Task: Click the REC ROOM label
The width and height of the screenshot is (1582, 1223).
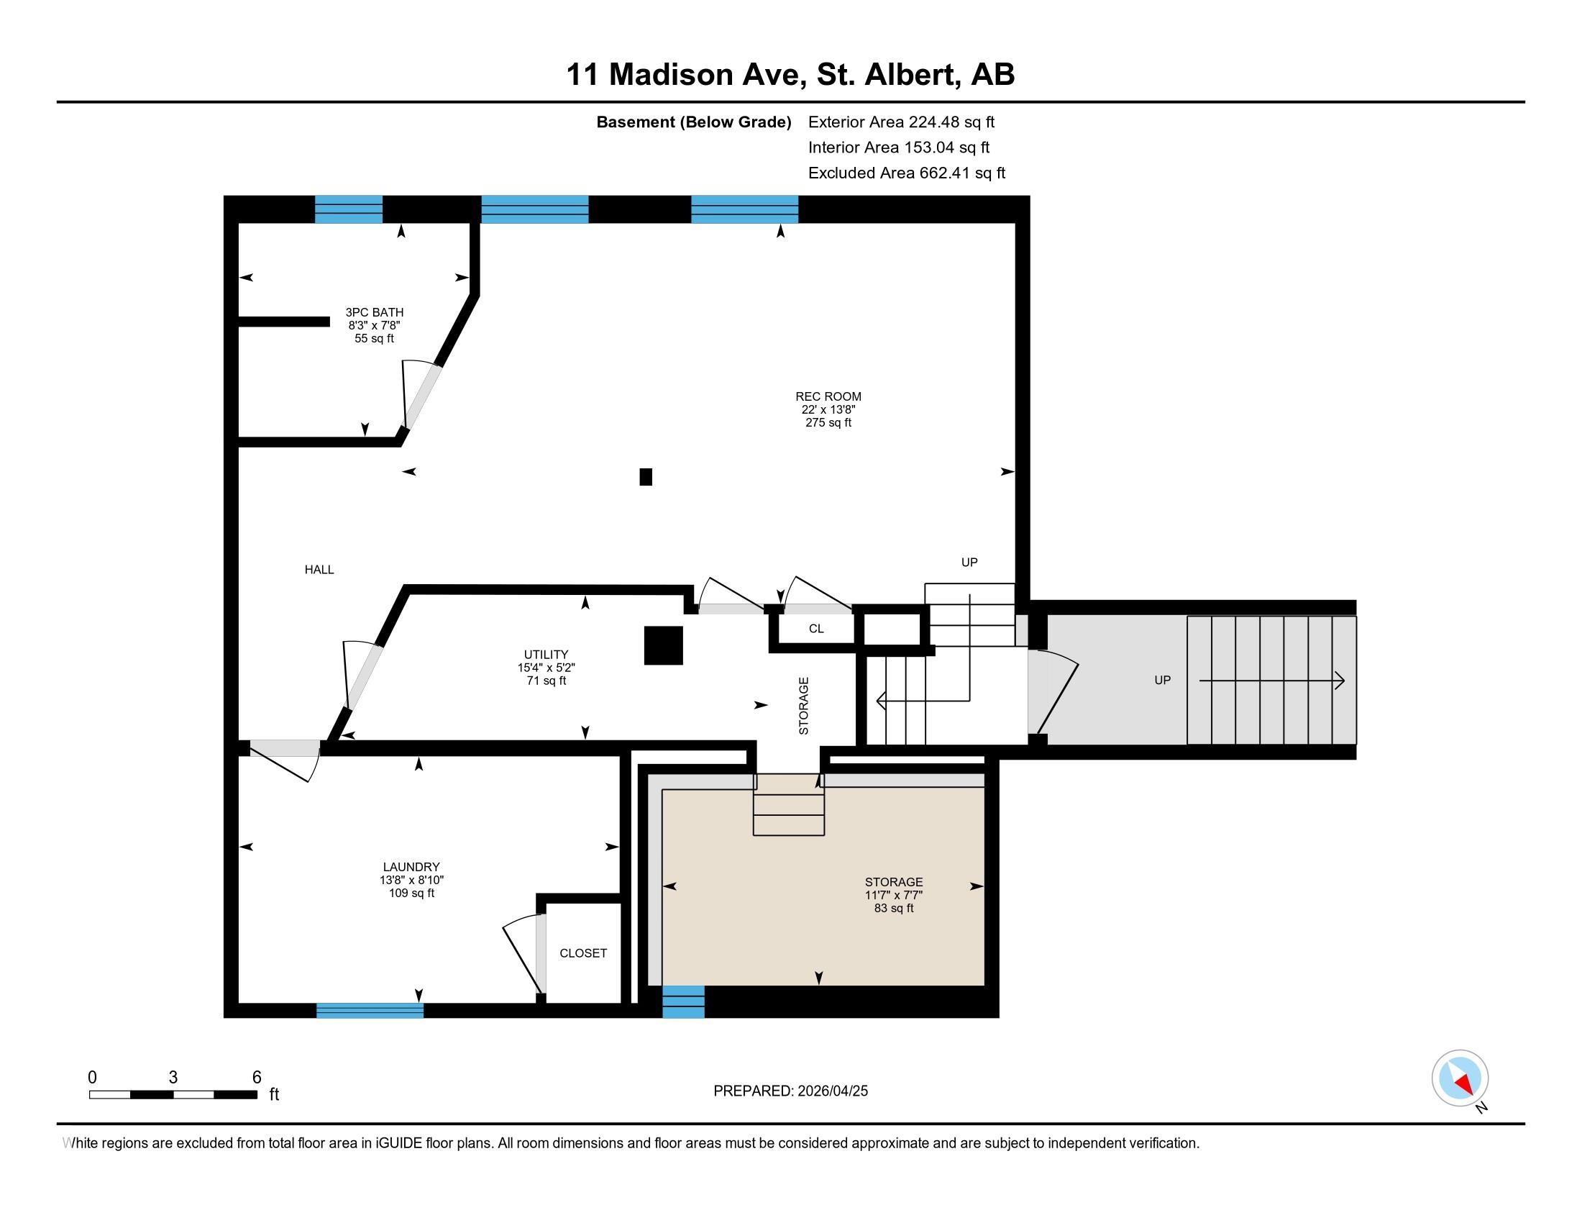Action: point(828,396)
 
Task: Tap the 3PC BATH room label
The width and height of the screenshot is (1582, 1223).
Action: point(374,312)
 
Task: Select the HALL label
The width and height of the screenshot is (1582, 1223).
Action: point(319,570)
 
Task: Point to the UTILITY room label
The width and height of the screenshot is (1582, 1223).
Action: point(547,654)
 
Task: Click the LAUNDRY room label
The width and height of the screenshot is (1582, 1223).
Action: point(411,867)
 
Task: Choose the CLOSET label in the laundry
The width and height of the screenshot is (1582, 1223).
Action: point(583,953)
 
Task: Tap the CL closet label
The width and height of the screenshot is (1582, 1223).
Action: point(815,629)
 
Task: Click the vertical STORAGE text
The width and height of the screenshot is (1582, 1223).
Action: point(803,706)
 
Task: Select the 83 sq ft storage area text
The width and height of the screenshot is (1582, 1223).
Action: point(893,909)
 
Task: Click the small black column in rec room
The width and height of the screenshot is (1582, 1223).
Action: point(646,477)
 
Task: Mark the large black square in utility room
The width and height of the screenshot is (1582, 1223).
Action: point(664,645)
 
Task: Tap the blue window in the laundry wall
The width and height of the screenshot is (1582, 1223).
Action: point(370,1011)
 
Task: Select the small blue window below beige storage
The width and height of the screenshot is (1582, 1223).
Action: point(683,1002)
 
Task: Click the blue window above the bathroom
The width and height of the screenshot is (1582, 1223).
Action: point(349,209)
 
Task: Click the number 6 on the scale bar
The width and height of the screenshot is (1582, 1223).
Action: point(257,1078)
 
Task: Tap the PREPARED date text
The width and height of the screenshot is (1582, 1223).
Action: point(790,1091)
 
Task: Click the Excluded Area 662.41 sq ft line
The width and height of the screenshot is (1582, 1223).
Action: point(906,173)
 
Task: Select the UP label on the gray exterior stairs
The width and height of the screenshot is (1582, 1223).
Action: point(1162,681)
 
